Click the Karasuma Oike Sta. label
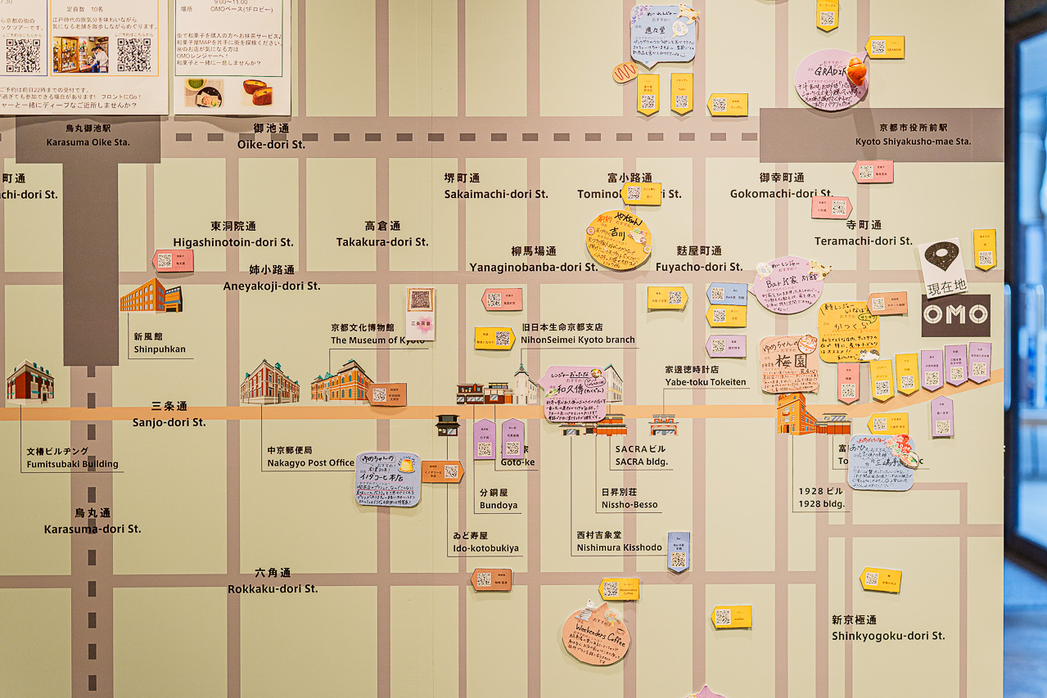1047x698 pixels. pos(88,142)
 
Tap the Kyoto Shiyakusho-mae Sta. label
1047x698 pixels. pos(913,141)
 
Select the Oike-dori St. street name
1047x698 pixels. pos(271,144)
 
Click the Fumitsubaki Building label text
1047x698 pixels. pos(72,464)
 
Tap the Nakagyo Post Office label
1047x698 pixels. pos(310,462)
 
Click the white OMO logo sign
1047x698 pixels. pos(955,315)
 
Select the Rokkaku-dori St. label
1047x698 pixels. pos(273,588)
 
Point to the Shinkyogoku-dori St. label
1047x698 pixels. pos(888,636)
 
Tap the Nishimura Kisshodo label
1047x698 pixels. pos(619,547)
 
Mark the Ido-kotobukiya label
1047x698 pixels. pos(485,547)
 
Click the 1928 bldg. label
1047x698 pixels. pos(822,504)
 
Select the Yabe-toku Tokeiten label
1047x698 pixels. pos(705,382)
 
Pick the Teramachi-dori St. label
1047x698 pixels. pos(863,241)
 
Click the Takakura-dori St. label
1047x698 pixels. pos(382,241)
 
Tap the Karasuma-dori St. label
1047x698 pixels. pos(93,529)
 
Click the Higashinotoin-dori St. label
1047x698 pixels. pos(233,241)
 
